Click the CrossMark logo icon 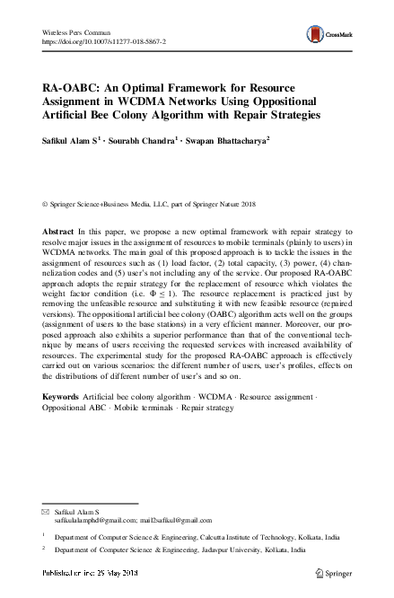click(316, 34)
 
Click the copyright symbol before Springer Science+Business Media click(46, 205)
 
